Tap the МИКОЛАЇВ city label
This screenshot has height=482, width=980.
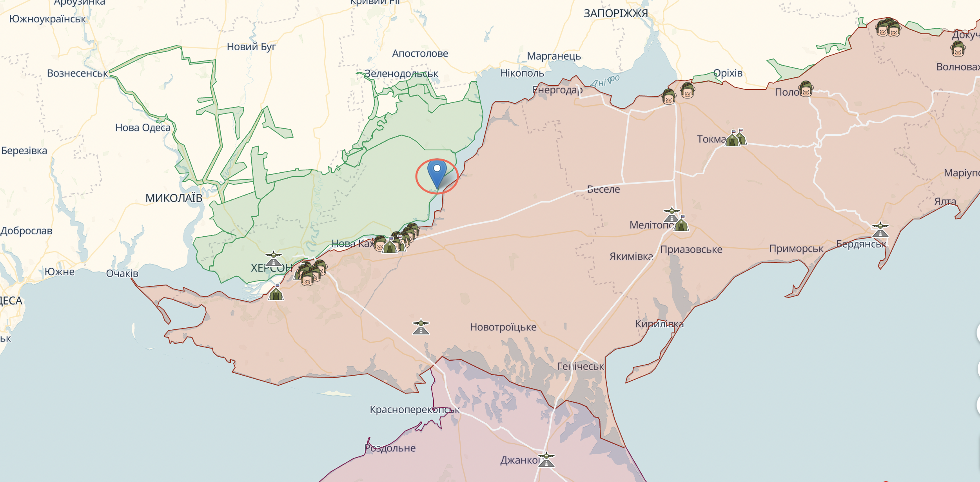pos(174,198)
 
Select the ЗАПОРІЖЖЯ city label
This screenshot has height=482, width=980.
pos(615,14)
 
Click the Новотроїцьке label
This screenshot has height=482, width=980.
pos(503,327)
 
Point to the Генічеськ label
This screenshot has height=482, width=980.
pos(580,366)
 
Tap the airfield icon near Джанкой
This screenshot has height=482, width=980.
pos(546,460)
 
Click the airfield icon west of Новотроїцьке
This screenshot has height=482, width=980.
pos(421,327)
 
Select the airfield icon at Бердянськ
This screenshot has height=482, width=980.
pos(880,230)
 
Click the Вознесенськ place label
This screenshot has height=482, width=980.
pos(77,73)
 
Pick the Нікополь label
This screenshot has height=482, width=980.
pos(522,73)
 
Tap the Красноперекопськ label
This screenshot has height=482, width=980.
pos(414,410)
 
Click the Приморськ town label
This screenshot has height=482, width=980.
pos(796,248)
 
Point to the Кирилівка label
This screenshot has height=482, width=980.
pos(659,324)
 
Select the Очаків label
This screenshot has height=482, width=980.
pos(122,273)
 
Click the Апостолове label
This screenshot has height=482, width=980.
pos(420,53)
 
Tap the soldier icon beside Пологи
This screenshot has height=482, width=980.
pos(806,89)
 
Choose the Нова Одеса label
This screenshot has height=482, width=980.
pos(143,128)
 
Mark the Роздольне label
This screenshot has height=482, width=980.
pos(390,448)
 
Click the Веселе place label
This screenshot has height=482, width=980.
pos(604,189)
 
